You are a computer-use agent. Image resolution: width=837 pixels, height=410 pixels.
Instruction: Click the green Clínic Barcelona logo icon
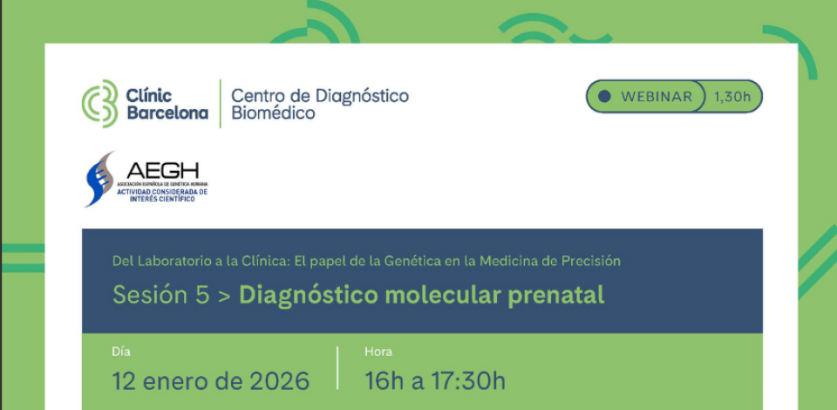[x=99, y=103]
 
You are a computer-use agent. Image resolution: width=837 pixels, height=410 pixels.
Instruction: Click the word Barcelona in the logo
[x=167, y=113]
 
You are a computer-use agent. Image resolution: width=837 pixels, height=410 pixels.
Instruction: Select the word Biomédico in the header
[x=273, y=113]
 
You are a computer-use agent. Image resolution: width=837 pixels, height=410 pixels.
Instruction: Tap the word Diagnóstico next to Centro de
[x=357, y=95]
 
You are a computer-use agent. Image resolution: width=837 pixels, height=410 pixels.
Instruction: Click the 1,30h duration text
[x=732, y=97]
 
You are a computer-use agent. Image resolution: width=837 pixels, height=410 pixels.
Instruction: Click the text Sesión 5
[x=161, y=295]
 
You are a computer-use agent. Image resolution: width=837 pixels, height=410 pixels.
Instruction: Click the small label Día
[x=121, y=352]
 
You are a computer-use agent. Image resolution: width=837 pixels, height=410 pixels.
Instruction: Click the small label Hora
[x=378, y=352]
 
